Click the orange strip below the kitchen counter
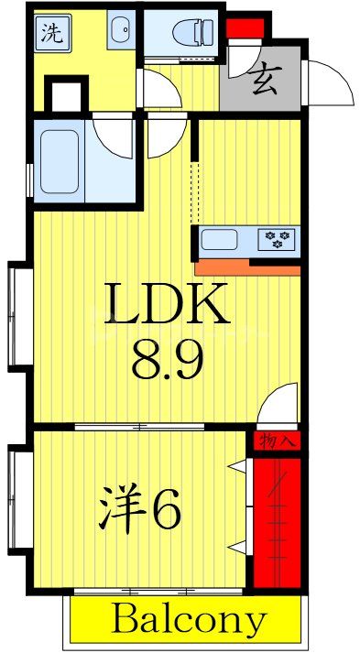click(x=247, y=266)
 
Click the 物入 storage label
click(x=276, y=442)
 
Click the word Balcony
click(x=188, y=621)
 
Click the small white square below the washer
click(x=64, y=95)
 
